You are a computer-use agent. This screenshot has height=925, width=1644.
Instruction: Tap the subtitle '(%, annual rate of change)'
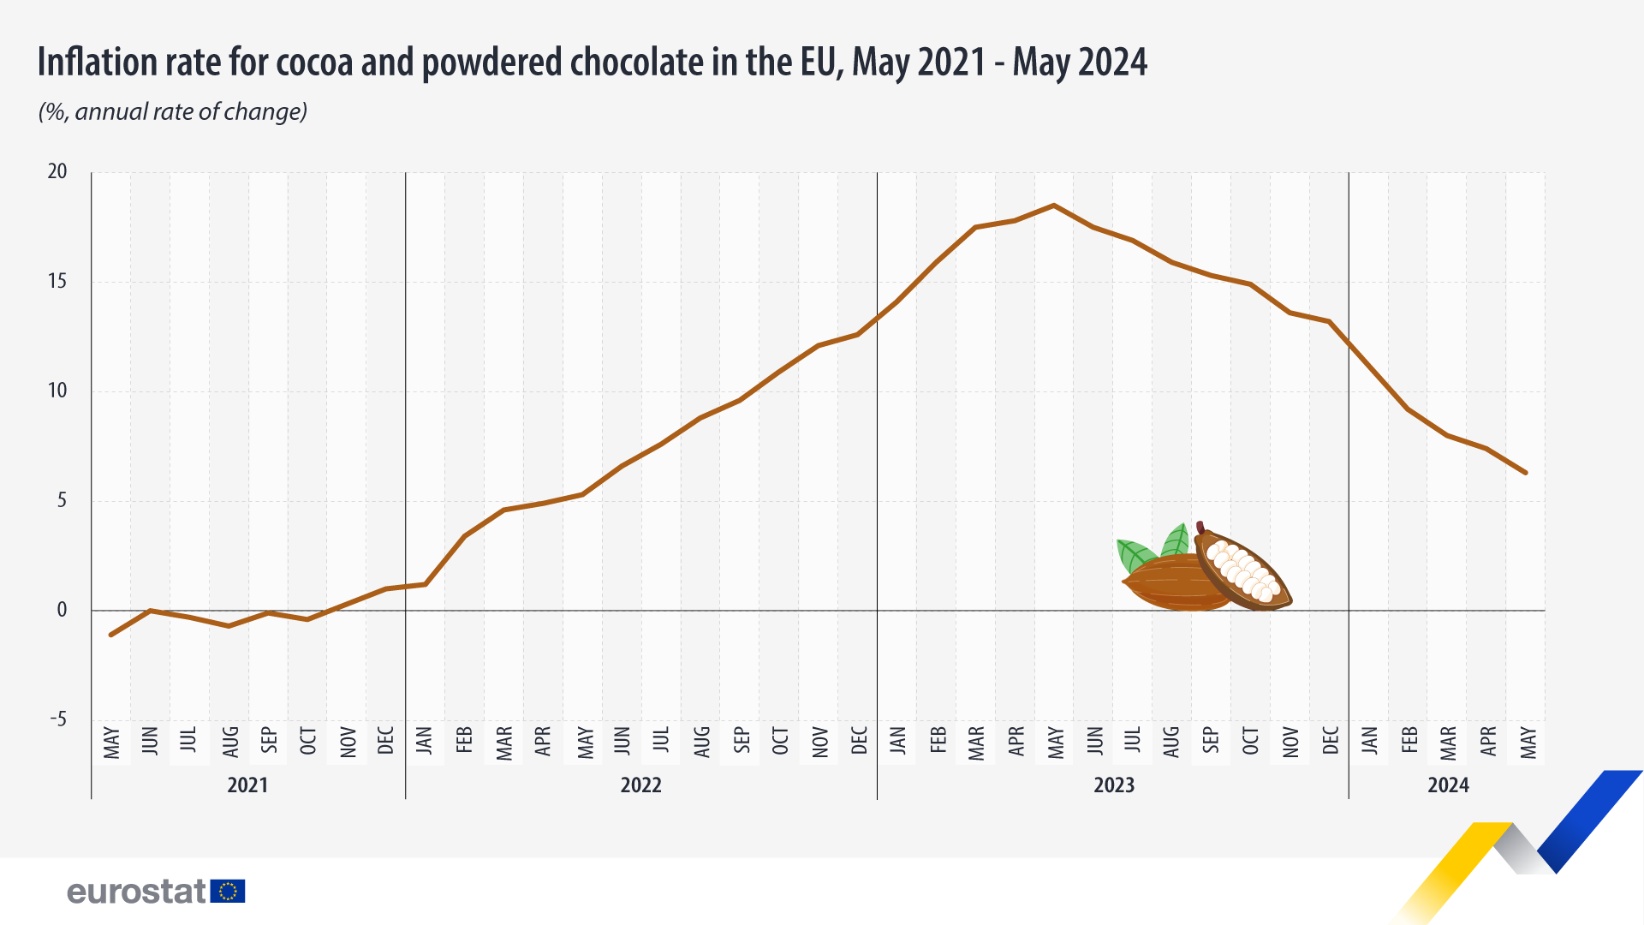click(x=173, y=111)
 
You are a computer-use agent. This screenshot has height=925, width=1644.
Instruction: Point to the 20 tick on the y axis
click(x=57, y=171)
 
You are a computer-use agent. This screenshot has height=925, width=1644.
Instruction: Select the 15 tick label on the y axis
click(x=57, y=281)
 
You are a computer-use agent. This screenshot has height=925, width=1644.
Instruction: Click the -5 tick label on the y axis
click(x=57, y=719)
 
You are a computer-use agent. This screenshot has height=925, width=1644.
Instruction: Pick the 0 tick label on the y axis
click(x=62, y=610)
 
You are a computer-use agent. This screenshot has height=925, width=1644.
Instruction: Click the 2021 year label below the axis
click(x=247, y=785)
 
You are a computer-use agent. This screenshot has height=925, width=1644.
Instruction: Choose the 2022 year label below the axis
click(x=640, y=785)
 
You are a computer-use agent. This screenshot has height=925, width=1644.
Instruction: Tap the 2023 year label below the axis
click(x=1113, y=785)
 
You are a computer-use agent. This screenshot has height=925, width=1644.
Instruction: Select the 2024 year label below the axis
click(x=1448, y=785)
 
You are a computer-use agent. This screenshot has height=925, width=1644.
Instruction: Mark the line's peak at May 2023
click(x=1054, y=206)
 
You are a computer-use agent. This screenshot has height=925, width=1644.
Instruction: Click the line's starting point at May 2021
click(x=111, y=635)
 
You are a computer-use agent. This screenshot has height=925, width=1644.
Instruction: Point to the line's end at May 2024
click(x=1525, y=472)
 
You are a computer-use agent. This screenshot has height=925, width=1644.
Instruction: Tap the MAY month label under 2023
click(x=1056, y=743)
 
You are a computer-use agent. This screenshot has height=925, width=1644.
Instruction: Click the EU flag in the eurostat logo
click(x=228, y=892)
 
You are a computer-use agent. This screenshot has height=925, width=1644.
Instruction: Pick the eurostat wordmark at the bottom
click(x=137, y=892)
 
